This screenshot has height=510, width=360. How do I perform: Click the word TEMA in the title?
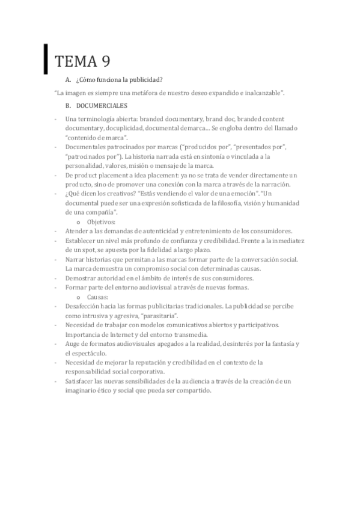[74, 61]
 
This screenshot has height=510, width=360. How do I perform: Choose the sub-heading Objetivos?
[101, 222]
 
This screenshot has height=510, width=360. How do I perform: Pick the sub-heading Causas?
[98, 297]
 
